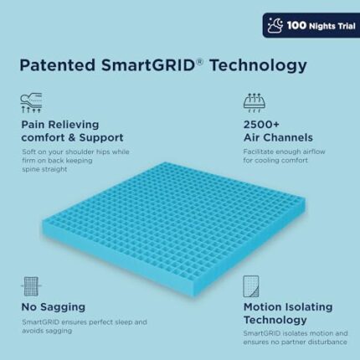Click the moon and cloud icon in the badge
275,26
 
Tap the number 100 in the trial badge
296,26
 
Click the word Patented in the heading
58,65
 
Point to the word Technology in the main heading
259,65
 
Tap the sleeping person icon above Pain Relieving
31,103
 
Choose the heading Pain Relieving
60,125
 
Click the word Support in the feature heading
101,137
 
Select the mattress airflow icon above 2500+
255,103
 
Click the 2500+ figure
261,125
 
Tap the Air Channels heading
278,137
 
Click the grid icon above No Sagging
31,286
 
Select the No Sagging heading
54,307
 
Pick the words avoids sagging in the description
47,331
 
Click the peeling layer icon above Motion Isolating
251,286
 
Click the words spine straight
44,169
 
